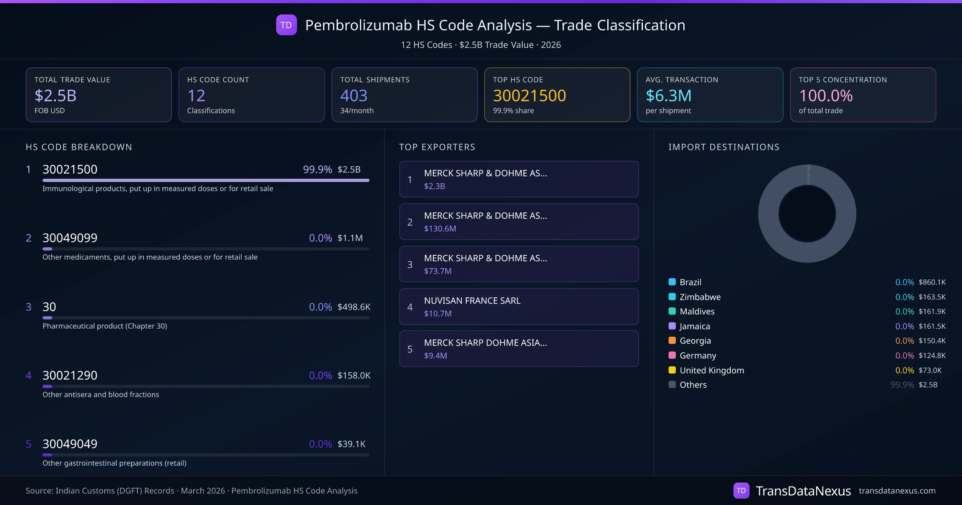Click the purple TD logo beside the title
286,25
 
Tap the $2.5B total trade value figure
55,95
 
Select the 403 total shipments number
354,95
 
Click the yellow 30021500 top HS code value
529,95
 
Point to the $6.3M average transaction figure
668,95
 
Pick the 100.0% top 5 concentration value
826,95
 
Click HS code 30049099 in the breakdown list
70,238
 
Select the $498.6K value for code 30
354,307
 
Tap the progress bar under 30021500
206,180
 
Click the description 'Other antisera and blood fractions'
101,395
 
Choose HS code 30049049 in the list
70,444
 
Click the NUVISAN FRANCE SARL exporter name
472,301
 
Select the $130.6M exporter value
440,229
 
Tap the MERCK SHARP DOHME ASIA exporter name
485,343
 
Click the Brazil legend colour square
672,282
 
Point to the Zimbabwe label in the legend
700,297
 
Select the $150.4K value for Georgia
932,341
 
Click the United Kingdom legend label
711,370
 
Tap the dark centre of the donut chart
807,214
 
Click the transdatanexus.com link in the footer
897,491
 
